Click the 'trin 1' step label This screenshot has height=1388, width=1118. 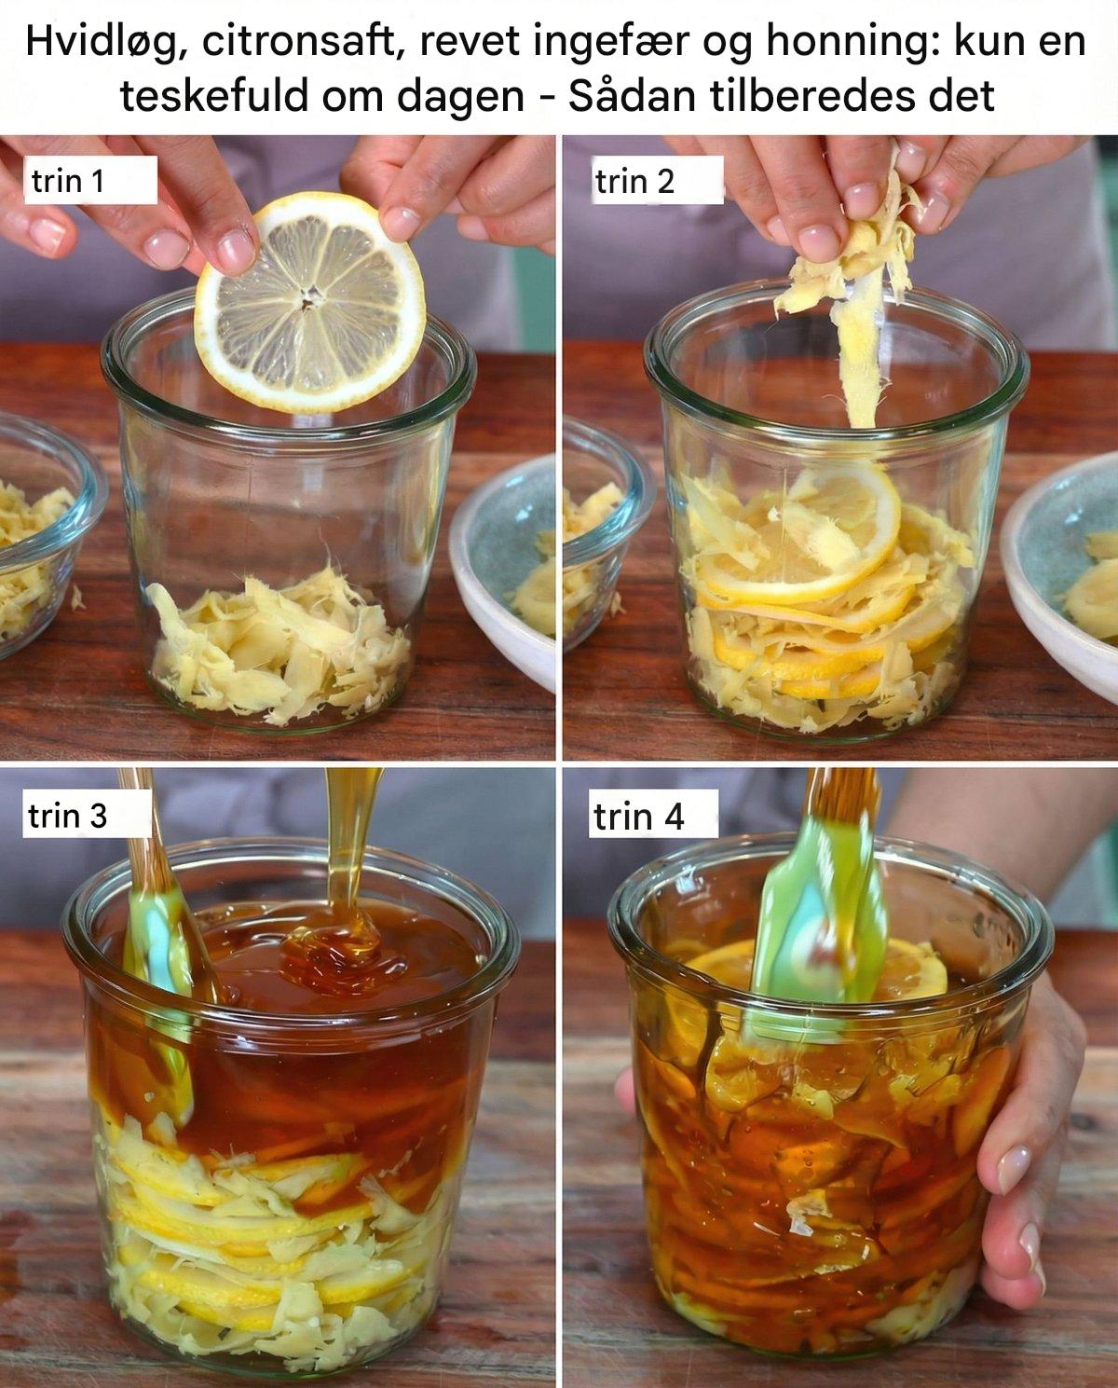[x=68, y=181]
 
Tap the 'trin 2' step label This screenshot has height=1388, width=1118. [x=634, y=181]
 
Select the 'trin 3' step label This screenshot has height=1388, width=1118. [x=67, y=816]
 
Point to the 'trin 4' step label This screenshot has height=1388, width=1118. [x=638, y=817]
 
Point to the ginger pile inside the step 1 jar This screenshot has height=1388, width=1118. [x=279, y=645]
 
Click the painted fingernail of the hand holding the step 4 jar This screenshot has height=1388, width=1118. [x=1015, y=1167]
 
